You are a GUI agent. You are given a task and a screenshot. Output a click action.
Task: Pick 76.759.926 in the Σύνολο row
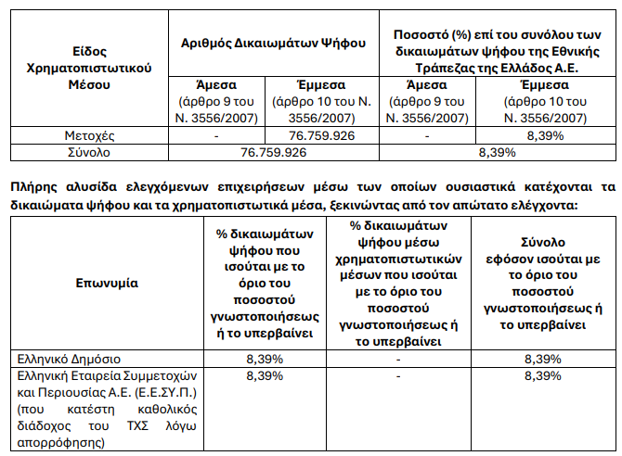(273, 150)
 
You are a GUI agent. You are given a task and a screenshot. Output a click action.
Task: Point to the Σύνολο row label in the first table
(90, 150)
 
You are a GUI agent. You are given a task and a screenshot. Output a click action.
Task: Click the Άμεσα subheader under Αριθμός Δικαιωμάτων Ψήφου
(215, 84)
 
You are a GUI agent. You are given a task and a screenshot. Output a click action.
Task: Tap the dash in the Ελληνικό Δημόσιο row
(397, 358)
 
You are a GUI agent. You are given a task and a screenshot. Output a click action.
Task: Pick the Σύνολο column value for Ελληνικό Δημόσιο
(542, 358)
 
